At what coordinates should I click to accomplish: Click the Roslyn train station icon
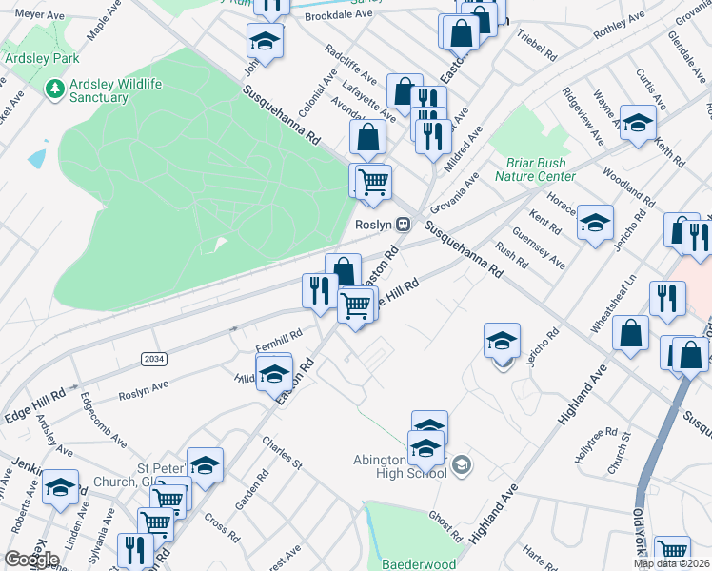point(404,225)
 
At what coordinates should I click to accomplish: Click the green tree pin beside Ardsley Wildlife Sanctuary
point(54,89)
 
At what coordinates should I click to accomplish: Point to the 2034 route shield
point(152,359)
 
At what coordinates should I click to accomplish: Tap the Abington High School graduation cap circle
point(462,464)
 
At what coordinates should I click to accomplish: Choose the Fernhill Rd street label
point(279,336)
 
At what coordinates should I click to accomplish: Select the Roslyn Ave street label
point(143,390)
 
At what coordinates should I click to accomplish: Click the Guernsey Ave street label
point(552,249)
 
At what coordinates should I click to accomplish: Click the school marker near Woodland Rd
point(638,123)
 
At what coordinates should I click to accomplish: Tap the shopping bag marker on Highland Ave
point(630,334)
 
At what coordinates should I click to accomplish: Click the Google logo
point(31,560)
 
